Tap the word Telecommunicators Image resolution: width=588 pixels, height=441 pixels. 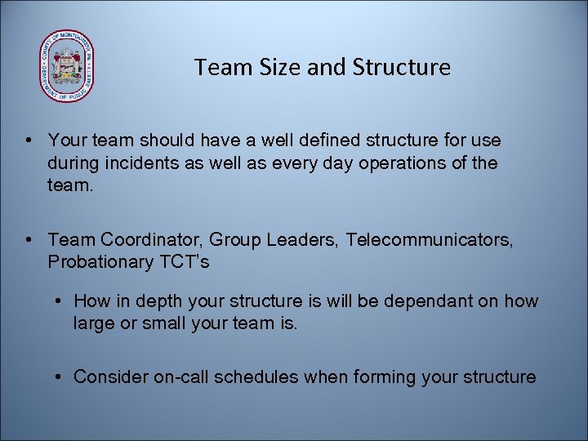[430, 240]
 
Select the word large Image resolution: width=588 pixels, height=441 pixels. [94, 323]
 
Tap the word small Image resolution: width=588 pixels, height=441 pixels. [163, 323]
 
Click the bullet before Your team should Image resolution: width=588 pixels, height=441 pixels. [29, 142]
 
